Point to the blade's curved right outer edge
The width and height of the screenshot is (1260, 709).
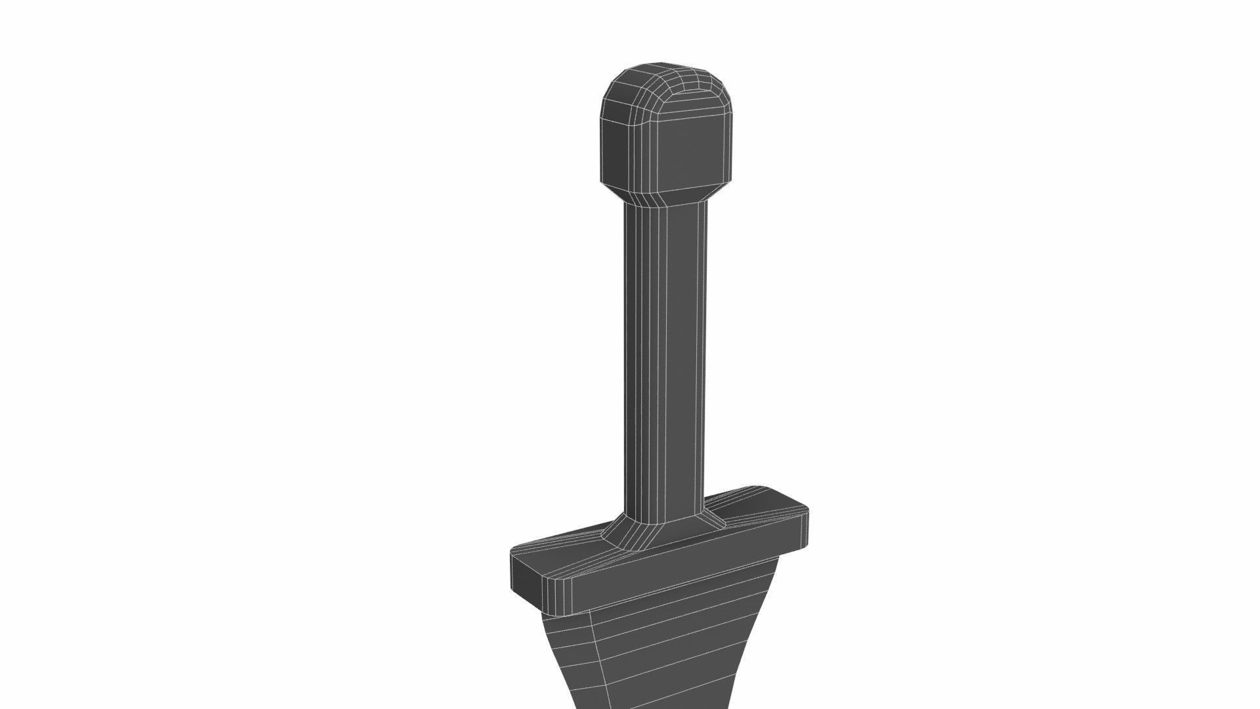tap(761, 630)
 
